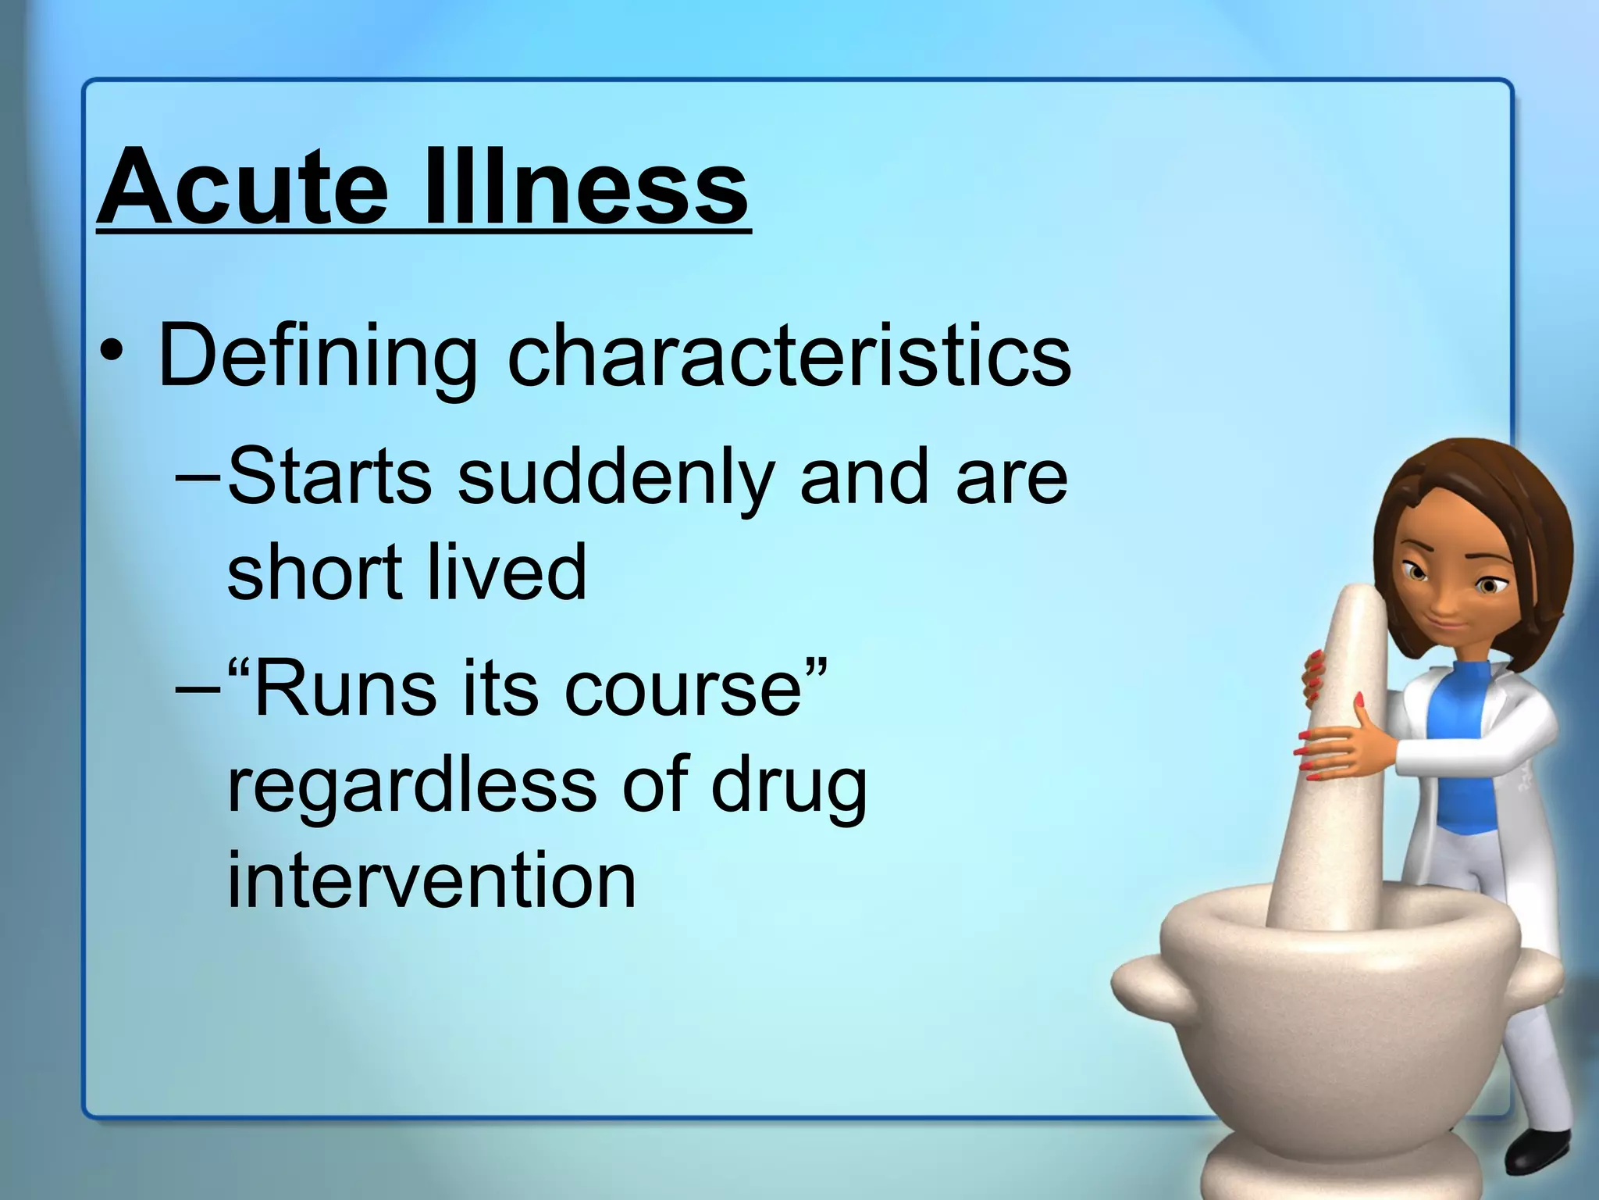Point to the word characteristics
[789, 355]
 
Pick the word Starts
[329, 476]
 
